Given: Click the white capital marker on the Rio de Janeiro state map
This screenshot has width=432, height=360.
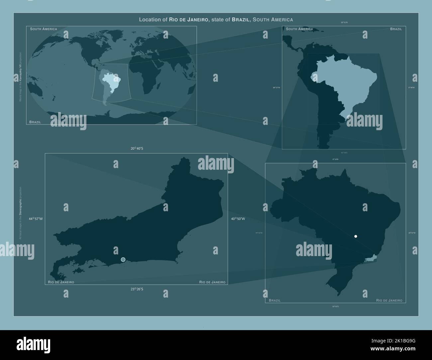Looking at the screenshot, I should point(123,259).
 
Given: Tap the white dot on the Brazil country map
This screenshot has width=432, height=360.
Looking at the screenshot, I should point(356,236).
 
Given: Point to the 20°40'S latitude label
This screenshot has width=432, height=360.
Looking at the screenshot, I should point(137,148).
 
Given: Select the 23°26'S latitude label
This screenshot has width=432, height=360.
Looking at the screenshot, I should point(137,289).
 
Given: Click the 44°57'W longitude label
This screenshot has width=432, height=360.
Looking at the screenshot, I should point(36,219).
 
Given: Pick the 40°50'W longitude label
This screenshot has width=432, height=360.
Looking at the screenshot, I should point(238,219).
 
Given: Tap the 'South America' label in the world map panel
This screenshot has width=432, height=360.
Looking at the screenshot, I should point(44,29).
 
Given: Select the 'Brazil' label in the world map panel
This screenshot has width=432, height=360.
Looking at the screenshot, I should point(35,122).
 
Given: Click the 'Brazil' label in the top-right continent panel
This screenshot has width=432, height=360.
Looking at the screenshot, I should point(396,29).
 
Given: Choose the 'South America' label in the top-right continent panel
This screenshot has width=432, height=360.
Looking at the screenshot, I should point(299,29).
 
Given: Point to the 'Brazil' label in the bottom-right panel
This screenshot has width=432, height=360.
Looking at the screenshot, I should point(274,300).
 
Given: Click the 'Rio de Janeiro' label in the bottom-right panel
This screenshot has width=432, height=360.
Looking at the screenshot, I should point(389,300).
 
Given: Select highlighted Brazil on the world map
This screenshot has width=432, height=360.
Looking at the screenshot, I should point(112,81).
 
